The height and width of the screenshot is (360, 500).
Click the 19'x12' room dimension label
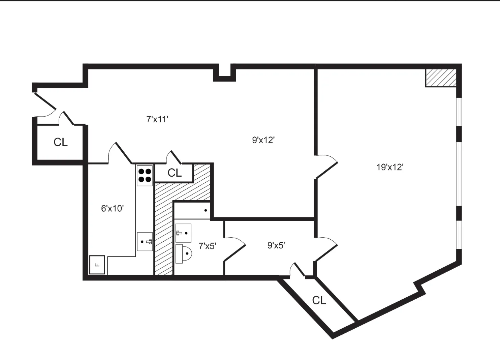coord(390,167)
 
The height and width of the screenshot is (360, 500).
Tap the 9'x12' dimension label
coord(263,140)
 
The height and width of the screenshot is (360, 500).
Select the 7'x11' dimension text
coord(157,119)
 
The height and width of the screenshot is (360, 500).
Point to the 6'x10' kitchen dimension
coord(113,209)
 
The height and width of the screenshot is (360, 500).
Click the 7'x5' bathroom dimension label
coord(207,246)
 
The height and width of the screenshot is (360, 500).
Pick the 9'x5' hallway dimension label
coord(276,245)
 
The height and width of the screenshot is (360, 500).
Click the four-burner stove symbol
coord(145,175)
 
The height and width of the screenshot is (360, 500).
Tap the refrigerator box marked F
coord(97,265)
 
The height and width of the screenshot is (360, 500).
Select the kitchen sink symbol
coord(145,241)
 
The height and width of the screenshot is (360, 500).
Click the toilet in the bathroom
coord(184,253)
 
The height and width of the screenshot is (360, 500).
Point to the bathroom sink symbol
coord(183,233)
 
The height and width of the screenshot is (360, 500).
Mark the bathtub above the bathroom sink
coord(192,210)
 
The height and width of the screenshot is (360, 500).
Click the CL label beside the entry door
coord(61,142)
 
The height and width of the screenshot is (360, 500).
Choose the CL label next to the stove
coord(175,173)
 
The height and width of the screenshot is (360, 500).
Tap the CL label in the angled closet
coord(319,300)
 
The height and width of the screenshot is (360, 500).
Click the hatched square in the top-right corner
coord(441,78)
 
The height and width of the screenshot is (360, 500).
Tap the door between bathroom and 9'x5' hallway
coord(235,249)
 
